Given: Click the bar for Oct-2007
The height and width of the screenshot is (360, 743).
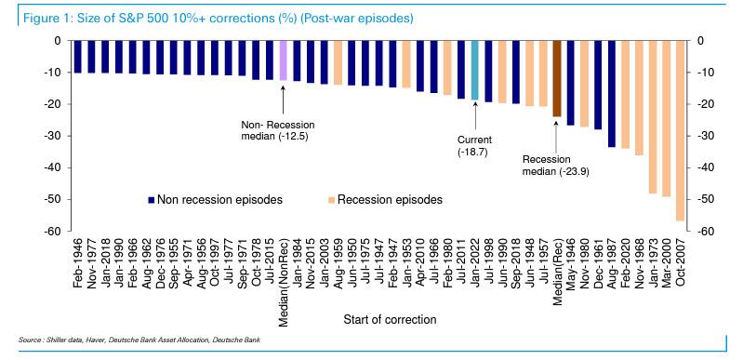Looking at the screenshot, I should [x=680, y=130].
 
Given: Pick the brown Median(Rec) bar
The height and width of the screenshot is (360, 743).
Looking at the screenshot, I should [x=556, y=79].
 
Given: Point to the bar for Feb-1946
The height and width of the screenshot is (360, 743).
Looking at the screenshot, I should [x=78, y=57].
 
